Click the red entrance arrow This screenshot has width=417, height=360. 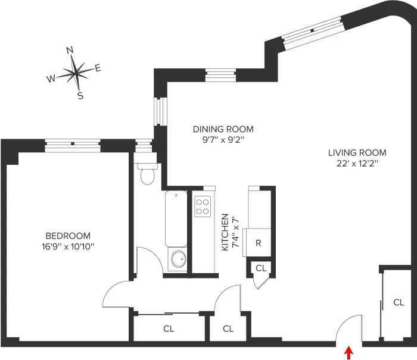[349, 353]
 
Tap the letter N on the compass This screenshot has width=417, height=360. [70, 51]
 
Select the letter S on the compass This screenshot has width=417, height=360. [80, 96]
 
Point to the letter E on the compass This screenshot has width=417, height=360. [98, 68]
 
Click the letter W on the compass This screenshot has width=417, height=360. [51, 79]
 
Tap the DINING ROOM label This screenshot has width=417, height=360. [223, 129]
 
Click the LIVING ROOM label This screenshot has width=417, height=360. [357, 152]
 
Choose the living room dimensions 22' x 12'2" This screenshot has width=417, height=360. [357, 162]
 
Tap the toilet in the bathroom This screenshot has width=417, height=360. [146, 174]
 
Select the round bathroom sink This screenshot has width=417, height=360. [177, 259]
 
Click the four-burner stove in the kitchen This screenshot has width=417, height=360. [203, 206]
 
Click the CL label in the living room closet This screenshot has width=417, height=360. [399, 302]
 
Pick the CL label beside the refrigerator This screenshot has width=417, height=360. [261, 268]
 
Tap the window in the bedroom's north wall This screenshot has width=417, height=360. [72, 143]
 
